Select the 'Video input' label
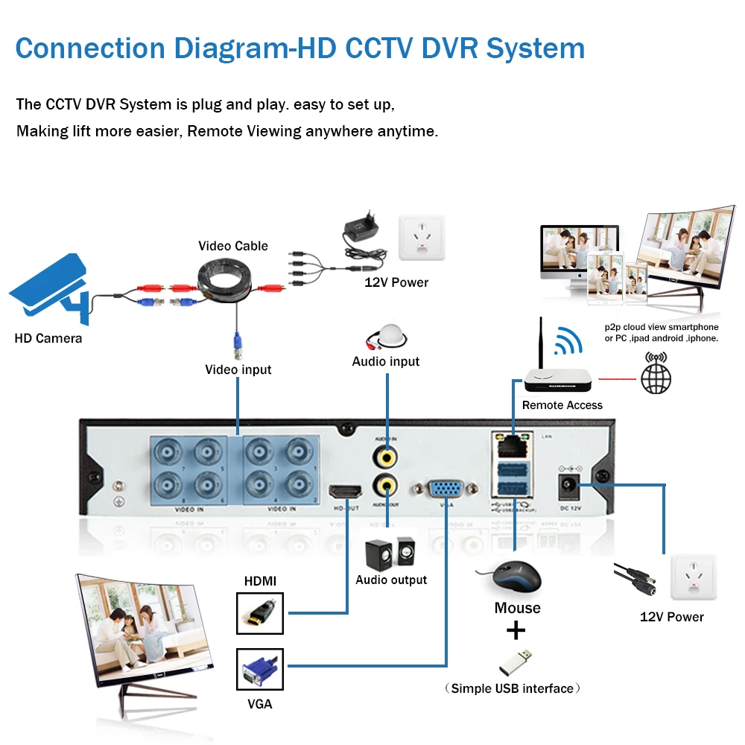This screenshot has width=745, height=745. [x=238, y=370]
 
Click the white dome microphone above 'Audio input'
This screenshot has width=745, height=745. [x=387, y=336]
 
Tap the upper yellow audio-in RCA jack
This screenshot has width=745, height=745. [x=386, y=454]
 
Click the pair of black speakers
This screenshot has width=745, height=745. [x=388, y=554]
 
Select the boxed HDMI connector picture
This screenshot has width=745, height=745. [x=260, y=612]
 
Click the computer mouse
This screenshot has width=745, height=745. [x=510, y=577]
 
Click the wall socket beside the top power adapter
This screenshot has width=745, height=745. [x=422, y=238]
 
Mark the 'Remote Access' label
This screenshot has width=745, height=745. [x=562, y=405]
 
